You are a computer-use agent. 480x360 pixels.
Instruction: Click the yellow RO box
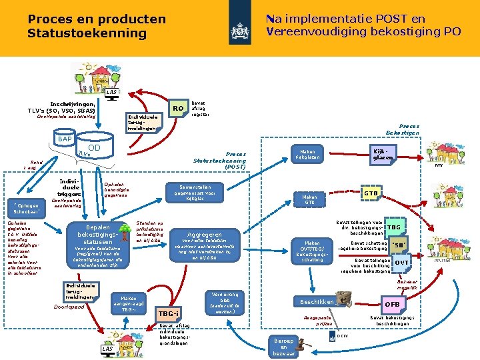click(177, 108)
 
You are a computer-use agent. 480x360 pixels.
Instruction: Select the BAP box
click(65, 139)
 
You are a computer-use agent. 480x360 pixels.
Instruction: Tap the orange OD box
click(95, 147)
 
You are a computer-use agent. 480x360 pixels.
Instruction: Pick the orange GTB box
click(371, 193)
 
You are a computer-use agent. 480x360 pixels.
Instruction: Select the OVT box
click(401, 263)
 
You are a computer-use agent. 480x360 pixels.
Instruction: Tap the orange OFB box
click(392, 305)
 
